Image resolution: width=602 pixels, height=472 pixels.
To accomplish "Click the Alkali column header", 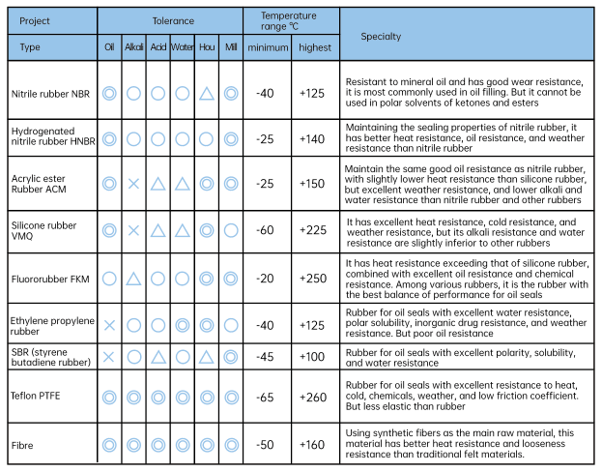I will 133,47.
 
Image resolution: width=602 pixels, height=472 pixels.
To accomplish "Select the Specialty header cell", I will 381,37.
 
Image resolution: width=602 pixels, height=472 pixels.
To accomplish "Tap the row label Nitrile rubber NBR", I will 50,94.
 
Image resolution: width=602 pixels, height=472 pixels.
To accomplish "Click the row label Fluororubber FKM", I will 50,278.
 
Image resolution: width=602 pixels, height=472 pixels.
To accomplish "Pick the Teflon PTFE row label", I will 38,397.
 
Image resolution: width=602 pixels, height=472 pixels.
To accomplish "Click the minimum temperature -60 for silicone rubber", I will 266,231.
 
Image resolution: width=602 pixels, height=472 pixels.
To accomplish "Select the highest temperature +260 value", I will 314,397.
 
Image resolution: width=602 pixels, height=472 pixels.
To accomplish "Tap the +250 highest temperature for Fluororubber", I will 314,278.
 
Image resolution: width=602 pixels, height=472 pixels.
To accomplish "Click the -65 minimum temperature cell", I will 266,397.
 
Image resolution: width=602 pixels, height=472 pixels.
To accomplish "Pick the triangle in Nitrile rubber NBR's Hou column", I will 206,94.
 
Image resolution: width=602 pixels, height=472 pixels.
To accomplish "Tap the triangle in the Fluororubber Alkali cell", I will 133,279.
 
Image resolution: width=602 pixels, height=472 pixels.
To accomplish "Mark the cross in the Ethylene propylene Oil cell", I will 109,325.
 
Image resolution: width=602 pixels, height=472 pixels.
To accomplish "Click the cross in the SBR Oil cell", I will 109,357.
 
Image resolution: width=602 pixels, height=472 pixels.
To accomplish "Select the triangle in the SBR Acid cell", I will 158,357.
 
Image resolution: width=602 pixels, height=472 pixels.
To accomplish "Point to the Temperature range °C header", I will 290,20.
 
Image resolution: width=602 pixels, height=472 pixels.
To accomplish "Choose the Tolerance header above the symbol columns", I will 170,20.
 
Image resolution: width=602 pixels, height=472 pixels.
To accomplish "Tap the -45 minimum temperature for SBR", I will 266,357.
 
